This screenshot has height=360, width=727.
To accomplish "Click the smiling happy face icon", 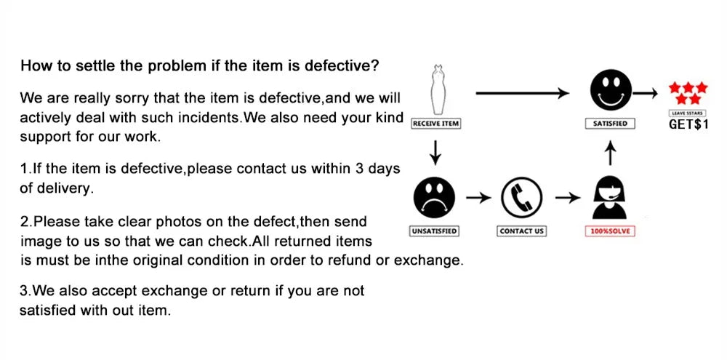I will point(610,91).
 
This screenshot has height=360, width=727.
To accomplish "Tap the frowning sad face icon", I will point(434,198).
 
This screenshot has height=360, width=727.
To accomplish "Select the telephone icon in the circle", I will point(522,198).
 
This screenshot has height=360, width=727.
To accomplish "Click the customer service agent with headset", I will point(610,198).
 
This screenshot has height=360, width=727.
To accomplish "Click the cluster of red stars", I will point(686,92).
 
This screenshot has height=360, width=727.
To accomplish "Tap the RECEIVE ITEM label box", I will point(435,124).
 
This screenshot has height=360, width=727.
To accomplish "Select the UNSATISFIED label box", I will point(434,231).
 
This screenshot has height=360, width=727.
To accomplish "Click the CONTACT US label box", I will point(522,231).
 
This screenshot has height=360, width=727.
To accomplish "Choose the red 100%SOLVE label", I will point(611,231).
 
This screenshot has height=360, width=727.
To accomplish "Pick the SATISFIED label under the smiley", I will point(610,124).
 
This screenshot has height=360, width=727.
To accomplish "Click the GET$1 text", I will point(688,124).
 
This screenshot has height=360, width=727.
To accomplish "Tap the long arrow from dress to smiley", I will point(521,92).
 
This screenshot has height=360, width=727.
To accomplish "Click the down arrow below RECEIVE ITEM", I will point(435,151).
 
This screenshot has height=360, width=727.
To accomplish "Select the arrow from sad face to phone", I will point(478,198).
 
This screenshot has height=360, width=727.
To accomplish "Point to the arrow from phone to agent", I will point(566,198).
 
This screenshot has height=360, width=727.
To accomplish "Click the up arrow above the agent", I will point(611,153).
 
